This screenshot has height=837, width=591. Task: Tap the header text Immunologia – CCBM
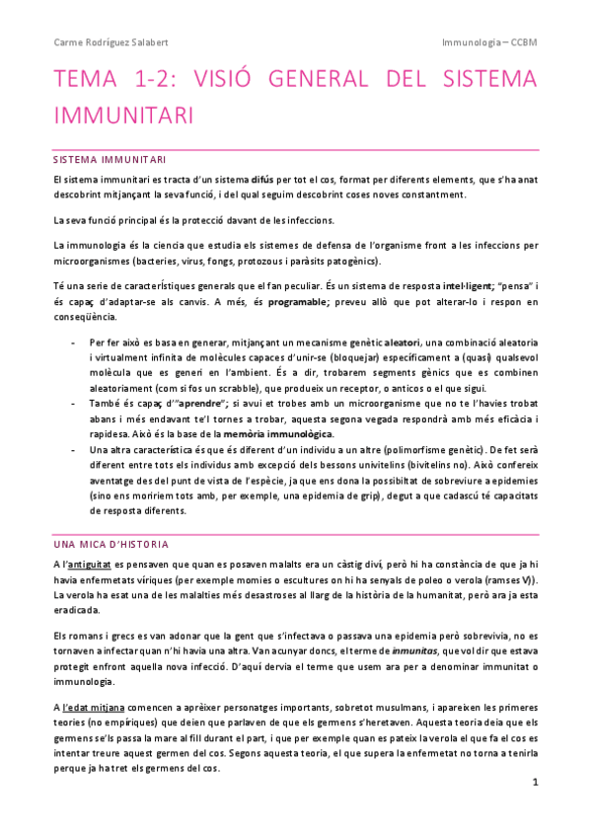point(489,43)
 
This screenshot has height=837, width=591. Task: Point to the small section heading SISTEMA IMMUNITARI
point(110,159)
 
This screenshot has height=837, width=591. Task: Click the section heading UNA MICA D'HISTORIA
point(111,544)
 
